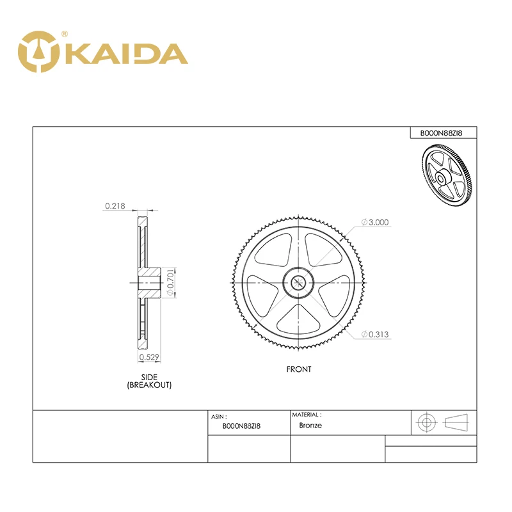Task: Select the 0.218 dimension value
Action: click(x=115, y=206)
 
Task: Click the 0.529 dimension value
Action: click(x=149, y=357)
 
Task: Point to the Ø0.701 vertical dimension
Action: click(x=170, y=282)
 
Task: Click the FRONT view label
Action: click(x=299, y=369)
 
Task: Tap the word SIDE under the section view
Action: click(x=149, y=377)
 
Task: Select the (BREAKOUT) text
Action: click(x=149, y=385)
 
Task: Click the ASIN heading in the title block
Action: click(x=219, y=416)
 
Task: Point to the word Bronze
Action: click(x=310, y=425)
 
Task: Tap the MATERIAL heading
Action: click(x=307, y=415)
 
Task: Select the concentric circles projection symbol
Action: click(x=426, y=422)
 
